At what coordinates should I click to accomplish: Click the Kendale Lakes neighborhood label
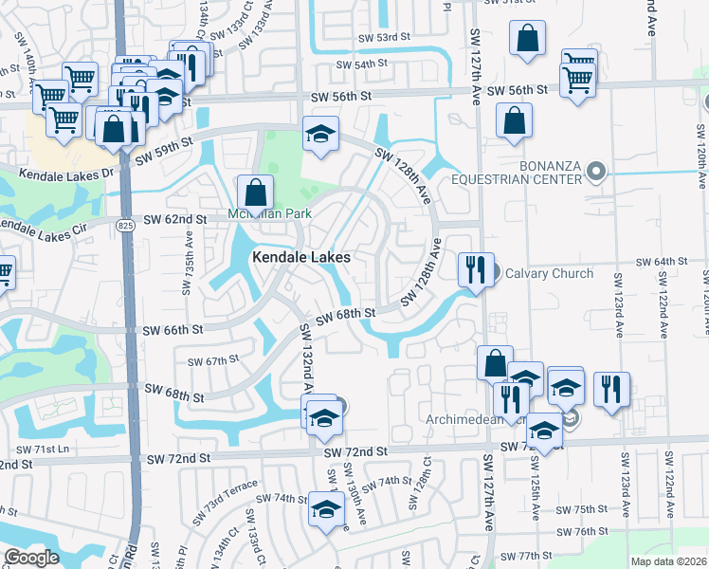click(x=300, y=257)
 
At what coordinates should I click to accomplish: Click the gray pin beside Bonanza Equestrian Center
click(x=596, y=172)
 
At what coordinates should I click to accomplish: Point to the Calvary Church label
click(x=549, y=273)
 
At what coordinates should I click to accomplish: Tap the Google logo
click(x=31, y=558)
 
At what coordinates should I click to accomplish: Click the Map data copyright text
click(x=668, y=561)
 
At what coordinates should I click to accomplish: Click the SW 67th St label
click(x=212, y=361)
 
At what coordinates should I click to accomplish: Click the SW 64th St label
click(x=660, y=262)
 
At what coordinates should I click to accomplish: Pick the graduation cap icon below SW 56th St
click(x=320, y=135)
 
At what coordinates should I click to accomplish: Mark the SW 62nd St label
click(x=175, y=220)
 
